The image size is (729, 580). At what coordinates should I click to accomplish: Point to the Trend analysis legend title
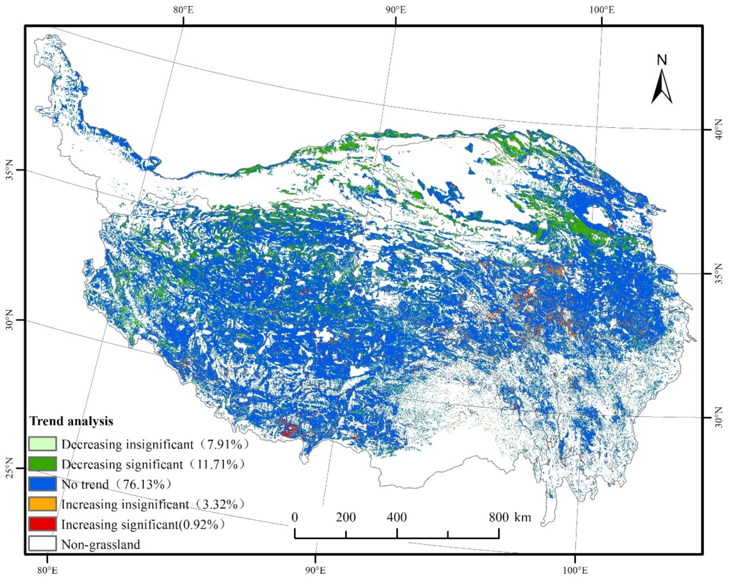71,421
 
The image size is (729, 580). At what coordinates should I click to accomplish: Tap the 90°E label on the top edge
395,10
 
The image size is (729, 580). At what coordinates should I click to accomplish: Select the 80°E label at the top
184,10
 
